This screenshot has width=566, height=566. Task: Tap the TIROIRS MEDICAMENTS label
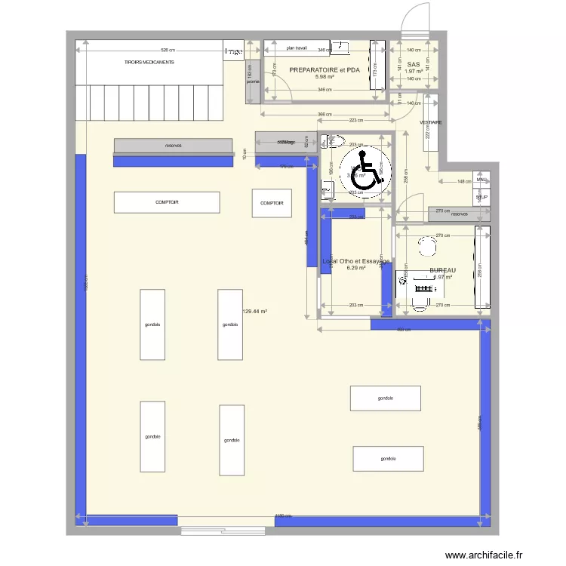pyautogui.click(x=149, y=62)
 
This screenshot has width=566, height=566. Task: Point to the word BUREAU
pyautogui.click(x=443, y=270)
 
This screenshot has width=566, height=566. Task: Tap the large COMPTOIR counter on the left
pyautogui.click(x=167, y=202)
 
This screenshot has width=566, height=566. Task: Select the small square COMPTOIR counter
pyautogui.click(x=272, y=203)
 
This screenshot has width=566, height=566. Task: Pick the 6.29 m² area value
pyautogui.click(x=355, y=268)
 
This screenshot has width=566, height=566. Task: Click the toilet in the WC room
pyautogui.click(x=333, y=140)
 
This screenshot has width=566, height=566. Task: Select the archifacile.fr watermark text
pyautogui.click(x=488, y=555)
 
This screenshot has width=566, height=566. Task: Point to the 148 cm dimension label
pyautogui.click(x=463, y=181)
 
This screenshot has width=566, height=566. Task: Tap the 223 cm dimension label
pyautogui.click(x=356, y=120)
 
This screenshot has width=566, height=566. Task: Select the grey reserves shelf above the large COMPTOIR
pyautogui.click(x=173, y=145)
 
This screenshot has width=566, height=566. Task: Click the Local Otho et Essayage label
pyautogui.click(x=355, y=261)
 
